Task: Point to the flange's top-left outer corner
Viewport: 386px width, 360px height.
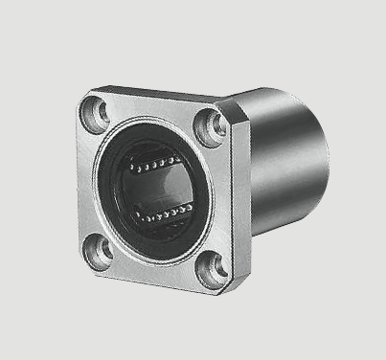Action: [x=84, y=94]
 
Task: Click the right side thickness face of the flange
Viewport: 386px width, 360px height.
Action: [x=240, y=201]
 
